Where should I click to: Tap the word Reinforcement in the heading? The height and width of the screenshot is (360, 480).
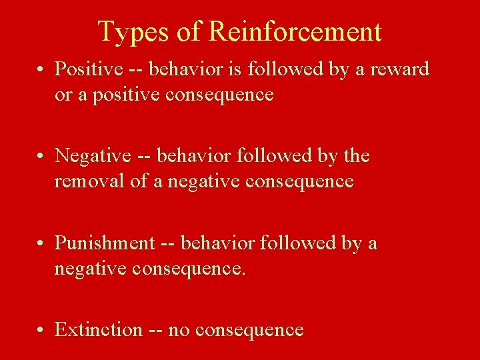pyautogui.click(x=295, y=31)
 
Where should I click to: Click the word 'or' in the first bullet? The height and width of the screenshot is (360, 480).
pyautogui.click(x=63, y=95)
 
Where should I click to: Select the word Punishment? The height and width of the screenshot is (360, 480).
pyautogui.click(x=104, y=243)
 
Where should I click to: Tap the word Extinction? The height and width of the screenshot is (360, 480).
pyautogui.click(x=98, y=329)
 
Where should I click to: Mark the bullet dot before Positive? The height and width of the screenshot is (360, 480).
pyautogui.click(x=42, y=69)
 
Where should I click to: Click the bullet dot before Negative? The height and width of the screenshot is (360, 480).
pyautogui.click(x=42, y=156)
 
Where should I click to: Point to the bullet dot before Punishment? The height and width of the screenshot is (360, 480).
pyautogui.click(x=42, y=243)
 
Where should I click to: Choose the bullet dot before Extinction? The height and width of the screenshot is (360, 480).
pyautogui.click(x=42, y=330)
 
